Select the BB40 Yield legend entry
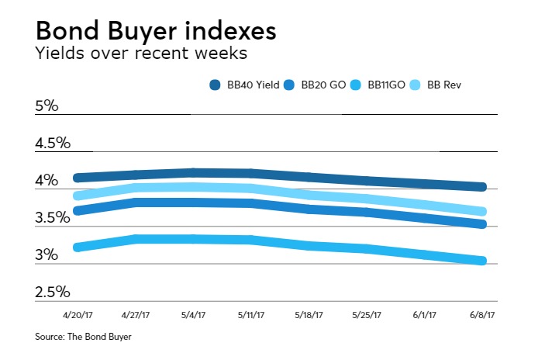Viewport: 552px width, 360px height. click(x=247, y=85)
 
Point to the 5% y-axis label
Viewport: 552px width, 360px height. click(x=47, y=106)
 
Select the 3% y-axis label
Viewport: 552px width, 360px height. click(x=47, y=255)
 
